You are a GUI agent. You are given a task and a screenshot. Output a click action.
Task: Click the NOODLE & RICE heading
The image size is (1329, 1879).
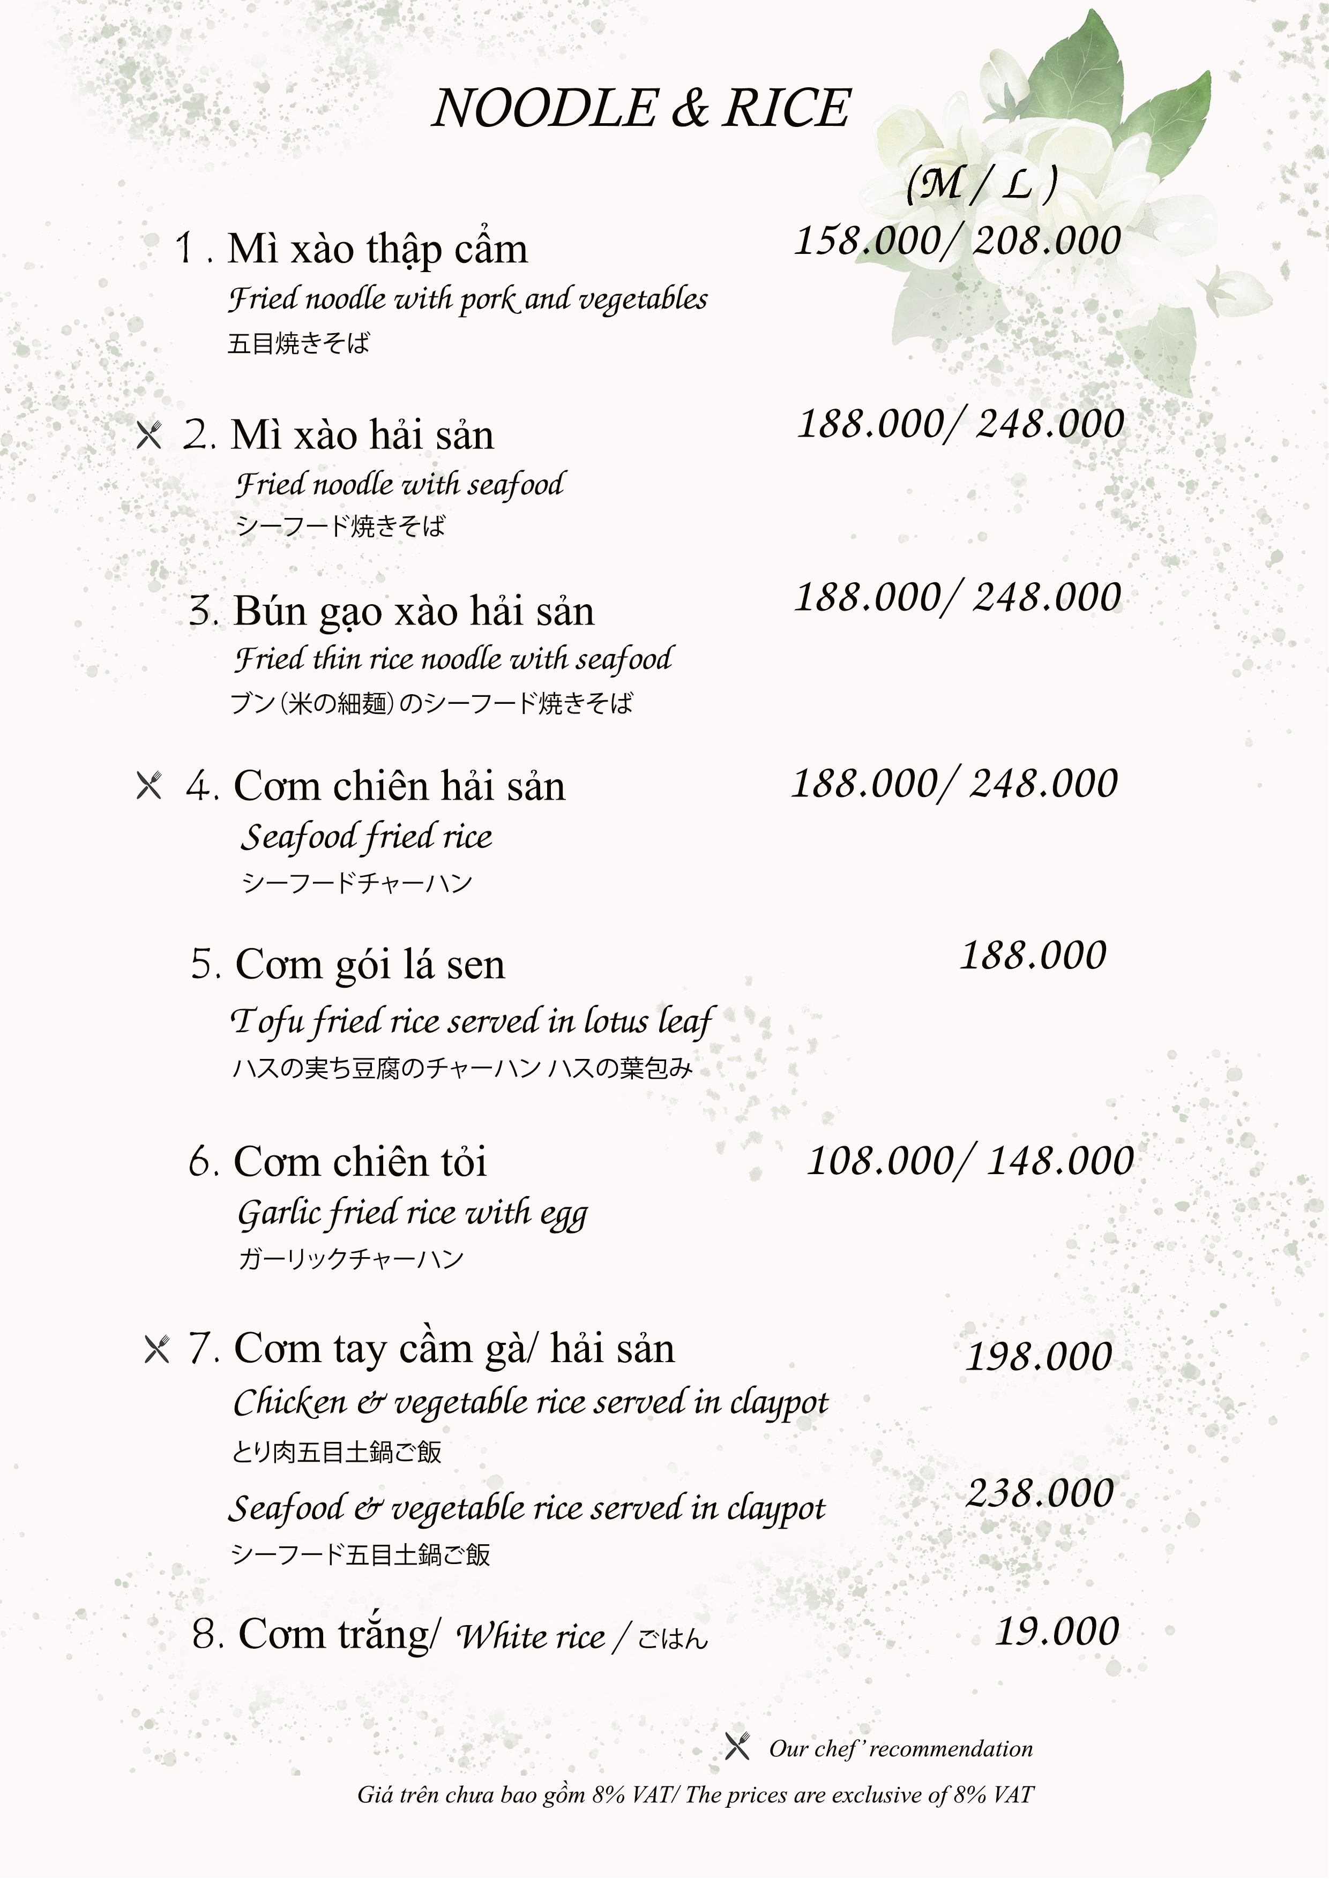click(641, 108)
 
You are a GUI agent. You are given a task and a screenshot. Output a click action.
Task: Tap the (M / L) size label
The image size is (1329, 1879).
click(981, 183)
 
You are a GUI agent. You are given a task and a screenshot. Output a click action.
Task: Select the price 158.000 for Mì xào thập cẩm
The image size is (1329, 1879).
click(868, 240)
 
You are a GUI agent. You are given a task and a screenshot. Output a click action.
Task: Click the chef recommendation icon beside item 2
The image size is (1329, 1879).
click(149, 434)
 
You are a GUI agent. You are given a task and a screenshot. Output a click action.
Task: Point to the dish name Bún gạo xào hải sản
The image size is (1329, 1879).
click(414, 611)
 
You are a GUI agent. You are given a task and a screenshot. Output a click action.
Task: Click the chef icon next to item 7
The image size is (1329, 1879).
click(156, 1349)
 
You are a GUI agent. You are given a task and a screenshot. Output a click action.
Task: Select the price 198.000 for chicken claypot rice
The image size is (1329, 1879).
click(1039, 1357)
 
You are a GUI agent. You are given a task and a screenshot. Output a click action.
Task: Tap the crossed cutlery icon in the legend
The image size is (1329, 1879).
click(737, 1746)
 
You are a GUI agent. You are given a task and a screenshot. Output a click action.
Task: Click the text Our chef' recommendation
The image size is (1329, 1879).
click(901, 1749)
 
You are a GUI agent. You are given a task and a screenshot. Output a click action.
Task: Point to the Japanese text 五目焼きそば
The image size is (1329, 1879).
click(298, 343)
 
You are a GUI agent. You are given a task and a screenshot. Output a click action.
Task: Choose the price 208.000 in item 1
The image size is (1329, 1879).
click(1047, 240)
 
